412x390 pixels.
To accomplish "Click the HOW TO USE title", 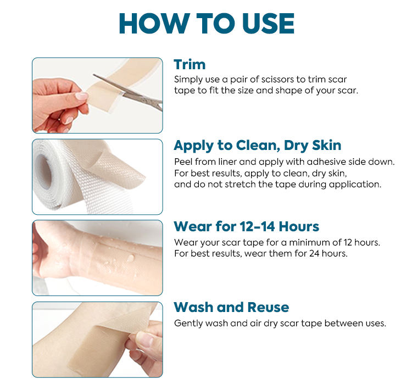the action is coord(207,24).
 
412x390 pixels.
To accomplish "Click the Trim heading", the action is coord(190,65).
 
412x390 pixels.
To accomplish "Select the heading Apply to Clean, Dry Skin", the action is coord(258,146).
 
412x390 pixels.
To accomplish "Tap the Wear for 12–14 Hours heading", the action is coord(247,226).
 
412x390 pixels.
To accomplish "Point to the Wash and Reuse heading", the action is coord(231,307).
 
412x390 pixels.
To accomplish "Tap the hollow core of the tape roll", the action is coord(43,171).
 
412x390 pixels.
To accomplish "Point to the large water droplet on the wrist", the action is coord(130,258).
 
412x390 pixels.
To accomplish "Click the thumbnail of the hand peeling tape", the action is coord(97,339).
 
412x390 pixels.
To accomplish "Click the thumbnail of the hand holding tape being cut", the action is coord(97,96).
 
